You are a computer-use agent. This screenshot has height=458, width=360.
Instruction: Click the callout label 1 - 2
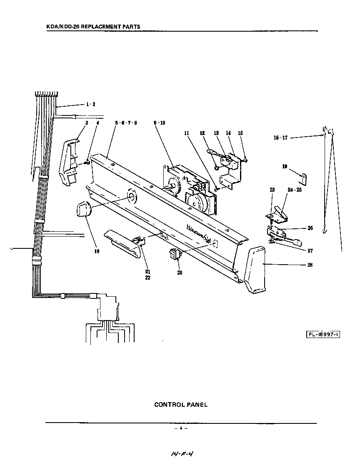tap(90, 104)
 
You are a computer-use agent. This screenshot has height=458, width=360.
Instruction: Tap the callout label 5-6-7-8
tap(126, 123)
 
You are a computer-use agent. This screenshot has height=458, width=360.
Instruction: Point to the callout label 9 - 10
tap(159, 123)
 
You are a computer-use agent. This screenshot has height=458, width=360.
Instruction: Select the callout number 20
tap(180, 273)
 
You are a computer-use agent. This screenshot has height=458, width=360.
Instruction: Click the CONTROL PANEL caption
tap(180, 404)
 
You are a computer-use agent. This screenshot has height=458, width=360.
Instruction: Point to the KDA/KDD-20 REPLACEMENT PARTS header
tap(93, 27)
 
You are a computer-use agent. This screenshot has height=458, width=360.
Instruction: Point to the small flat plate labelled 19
tap(304, 178)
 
